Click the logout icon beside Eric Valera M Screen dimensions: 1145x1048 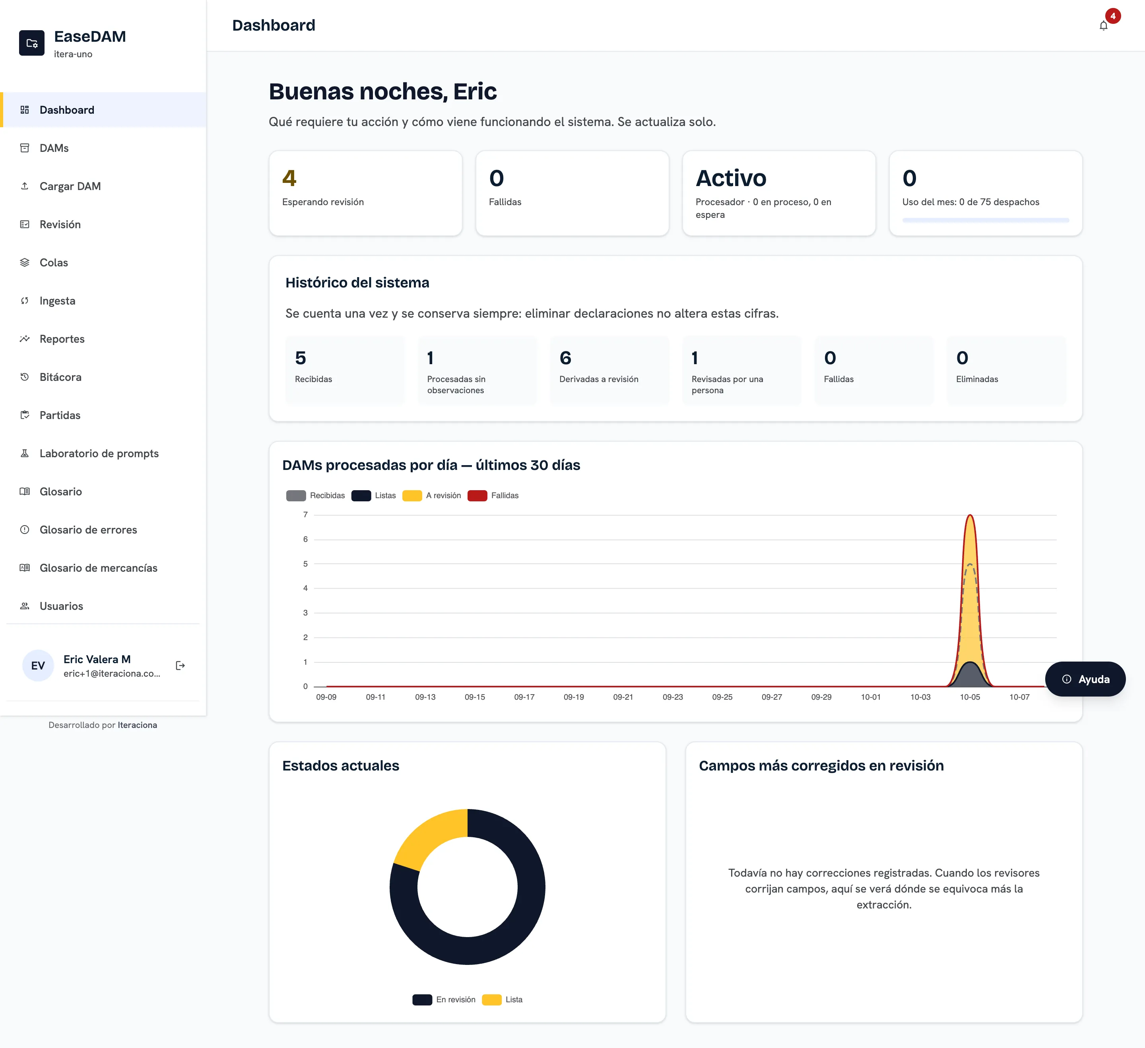point(180,666)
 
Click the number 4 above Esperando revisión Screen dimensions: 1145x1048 point(289,179)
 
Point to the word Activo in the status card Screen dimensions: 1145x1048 point(731,179)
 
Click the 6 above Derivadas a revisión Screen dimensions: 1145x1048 point(565,358)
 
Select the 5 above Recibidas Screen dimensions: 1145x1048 point(301,358)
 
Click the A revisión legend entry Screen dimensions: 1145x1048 point(432,495)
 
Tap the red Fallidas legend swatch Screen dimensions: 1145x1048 point(477,495)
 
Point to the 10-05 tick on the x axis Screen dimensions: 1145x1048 point(970,697)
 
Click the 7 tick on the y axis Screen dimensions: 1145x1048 point(306,514)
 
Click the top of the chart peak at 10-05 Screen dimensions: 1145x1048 point(970,515)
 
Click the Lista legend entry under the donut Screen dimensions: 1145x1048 point(502,1000)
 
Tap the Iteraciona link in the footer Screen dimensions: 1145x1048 point(138,725)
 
